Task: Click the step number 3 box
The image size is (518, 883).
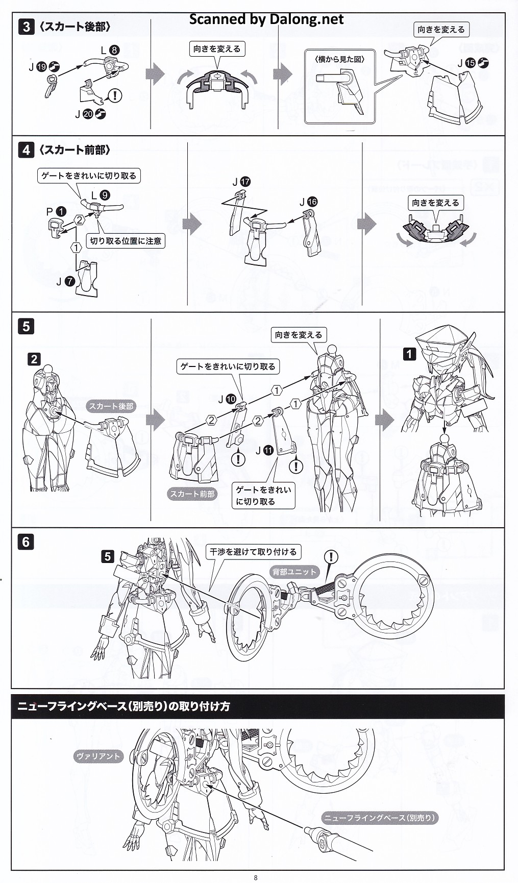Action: click(x=26, y=27)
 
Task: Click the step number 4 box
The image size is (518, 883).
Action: click(x=26, y=150)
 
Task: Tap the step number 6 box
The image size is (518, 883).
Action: click(x=26, y=542)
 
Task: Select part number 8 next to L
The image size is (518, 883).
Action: click(x=114, y=50)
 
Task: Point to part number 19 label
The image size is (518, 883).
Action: click(x=42, y=66)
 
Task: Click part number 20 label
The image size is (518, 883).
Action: click(x=88, y=114)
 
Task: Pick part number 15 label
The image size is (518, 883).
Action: click(x=470, y=63)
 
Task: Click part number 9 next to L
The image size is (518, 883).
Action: click(x=104, y=195)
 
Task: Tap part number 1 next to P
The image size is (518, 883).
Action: click(x=61, y=211)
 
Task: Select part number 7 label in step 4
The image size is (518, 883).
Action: click(x=70, y=281)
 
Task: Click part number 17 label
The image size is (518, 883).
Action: click(x=245, y=182)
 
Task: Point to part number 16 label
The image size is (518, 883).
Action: click(x=312, y=202)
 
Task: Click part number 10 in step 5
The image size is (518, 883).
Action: click(x=231, y=400)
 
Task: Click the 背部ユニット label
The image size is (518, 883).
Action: click(x=294, y=572)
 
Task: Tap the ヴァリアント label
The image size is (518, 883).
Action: click(x=98, y=756)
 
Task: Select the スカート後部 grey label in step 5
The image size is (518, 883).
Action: click(x=111, y=406)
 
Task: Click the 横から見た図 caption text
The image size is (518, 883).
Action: click(x=340, y=59)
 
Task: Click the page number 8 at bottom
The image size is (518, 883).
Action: click(x=256, y=877)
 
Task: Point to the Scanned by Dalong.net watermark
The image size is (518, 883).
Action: click(x=266, y=19)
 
